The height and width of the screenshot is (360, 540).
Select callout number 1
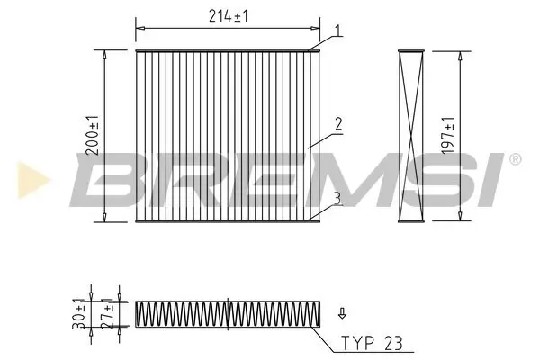point(337,31)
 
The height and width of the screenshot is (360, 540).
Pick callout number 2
point(337,125)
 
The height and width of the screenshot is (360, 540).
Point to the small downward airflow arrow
point(341,314)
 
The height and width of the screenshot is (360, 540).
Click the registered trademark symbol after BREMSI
point(514,160)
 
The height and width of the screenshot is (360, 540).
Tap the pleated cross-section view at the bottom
point(228,312)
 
